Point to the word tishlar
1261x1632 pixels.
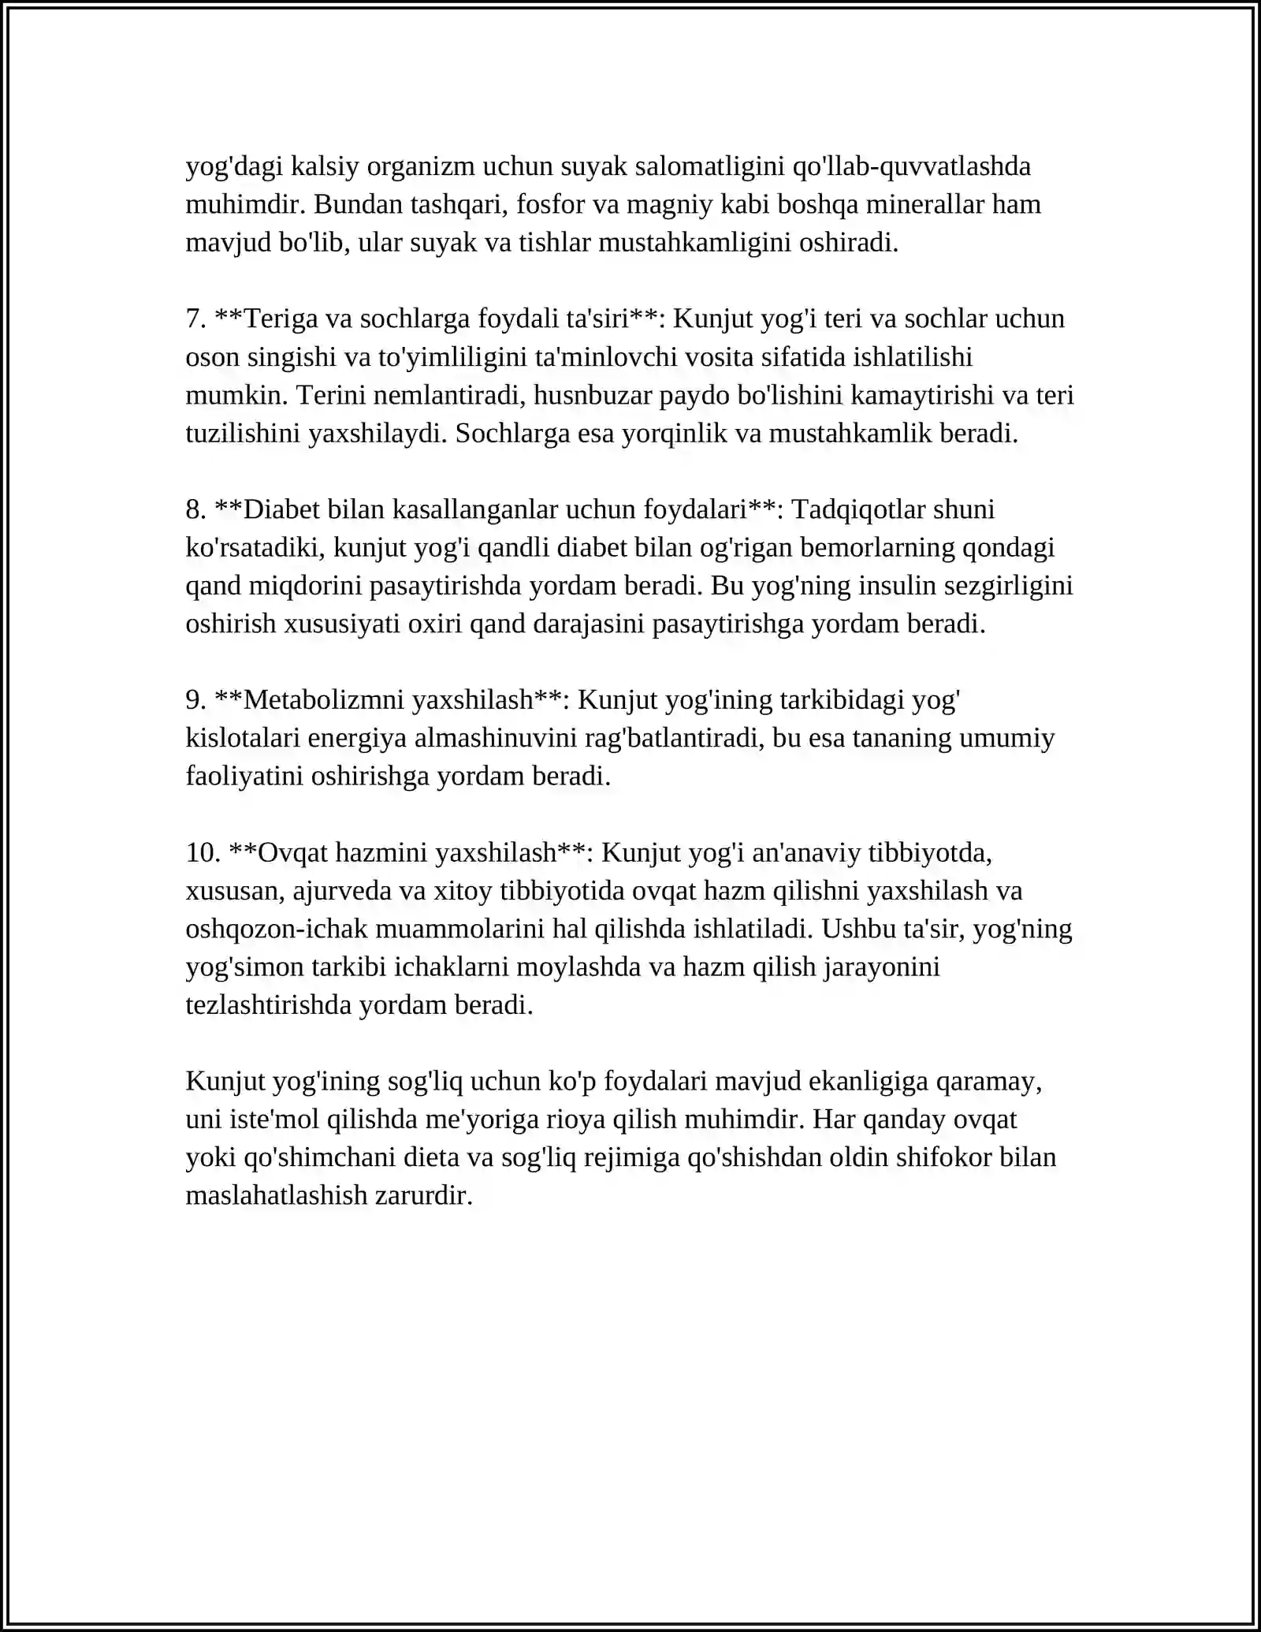click(554, 243)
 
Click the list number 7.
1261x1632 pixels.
click(195, 319)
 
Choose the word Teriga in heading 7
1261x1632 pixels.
click(281, 319)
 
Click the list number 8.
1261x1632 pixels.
click(195, 510)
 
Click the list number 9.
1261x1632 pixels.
click(195, 700)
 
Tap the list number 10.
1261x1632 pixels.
click(203, 853)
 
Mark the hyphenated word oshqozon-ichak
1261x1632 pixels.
click(277, 930)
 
